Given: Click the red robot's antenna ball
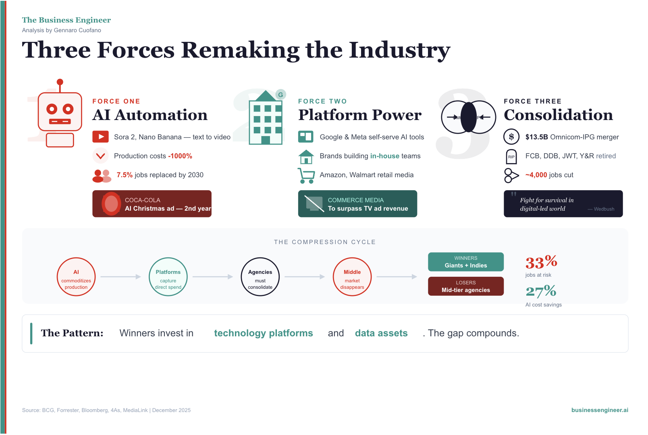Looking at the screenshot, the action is click(x=60, y=82).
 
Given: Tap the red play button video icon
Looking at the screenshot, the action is click(x=100, y=137).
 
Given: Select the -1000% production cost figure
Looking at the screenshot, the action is click(x=180, y=156).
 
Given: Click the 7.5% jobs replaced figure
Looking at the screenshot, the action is click(x=125, y=175).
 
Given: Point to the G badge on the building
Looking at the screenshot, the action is click(x=280, y=95).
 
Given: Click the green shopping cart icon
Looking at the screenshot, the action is click(x=306, y=176).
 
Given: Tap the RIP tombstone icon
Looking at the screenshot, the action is click(x=511, y=157).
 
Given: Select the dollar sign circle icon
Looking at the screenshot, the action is click(x=511, y=137).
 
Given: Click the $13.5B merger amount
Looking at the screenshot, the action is click(x=537, y=137).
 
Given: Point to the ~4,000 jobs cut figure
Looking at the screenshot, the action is click(x=536, y=175).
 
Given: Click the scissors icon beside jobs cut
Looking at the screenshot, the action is click(x=511, y=176).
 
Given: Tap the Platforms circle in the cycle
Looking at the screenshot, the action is click(x=168, y=277).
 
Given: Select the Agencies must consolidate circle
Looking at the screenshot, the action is click(x=260, y=277).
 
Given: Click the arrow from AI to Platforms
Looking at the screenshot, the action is click(x=120, y=277).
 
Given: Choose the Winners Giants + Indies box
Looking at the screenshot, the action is click(x=466, y=262).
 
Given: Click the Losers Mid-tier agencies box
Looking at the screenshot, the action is click(x=466, y=286).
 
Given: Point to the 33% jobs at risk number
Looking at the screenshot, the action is click(x=541, y=262).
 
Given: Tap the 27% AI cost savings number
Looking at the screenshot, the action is click(x=541, y=291).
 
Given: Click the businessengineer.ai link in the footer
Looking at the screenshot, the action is click(x=600, y=410).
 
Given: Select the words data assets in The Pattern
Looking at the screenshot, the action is click(x=381, y=333).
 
